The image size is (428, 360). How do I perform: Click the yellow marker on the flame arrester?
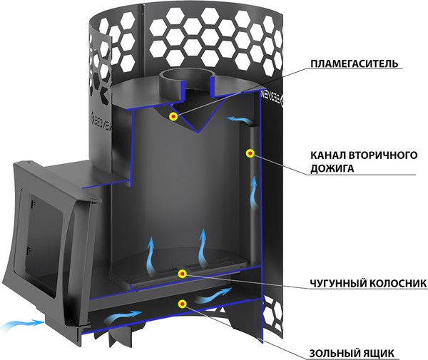point(173,115)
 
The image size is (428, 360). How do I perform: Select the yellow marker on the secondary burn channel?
point(250,153)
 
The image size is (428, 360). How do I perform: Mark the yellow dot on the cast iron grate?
point(182,273)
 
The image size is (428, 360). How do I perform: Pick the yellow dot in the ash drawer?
point(183,304)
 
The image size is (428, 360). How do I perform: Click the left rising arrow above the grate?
point(150,253)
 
